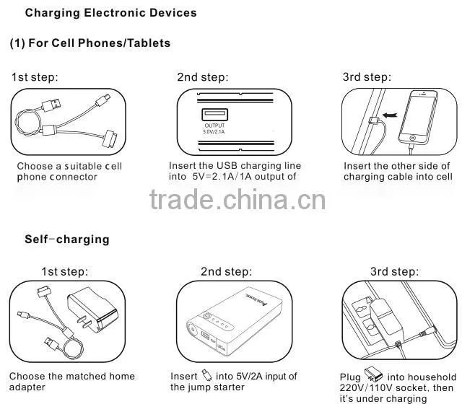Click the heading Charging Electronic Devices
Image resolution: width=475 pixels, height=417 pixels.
pyautogui.click(x=111, y=13)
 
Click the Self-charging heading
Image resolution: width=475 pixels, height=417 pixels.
pyautogui.click(x=67, y=240)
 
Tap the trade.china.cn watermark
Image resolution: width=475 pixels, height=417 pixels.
pyautogui.click(x=237, y=199)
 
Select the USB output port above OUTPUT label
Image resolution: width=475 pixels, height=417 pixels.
pyautogui.click(x=215, y=115)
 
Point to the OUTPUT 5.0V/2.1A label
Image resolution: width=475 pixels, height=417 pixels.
pyautogui.click(x=214, y=128)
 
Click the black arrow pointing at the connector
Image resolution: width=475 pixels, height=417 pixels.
pyautogui.click(x=390, y=115)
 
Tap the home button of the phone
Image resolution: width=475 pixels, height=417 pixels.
pyautogui.click(x=412, y=138)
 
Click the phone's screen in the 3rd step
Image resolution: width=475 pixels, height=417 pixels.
pyautogui.click(x=418, y=114)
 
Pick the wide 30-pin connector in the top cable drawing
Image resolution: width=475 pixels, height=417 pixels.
pyautogui.click(x=110, y=139)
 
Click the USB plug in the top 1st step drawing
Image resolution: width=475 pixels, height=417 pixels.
pyautogui.click(x=51, y=105)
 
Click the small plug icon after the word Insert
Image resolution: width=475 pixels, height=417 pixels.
pyautogui.click(x=206, y=375)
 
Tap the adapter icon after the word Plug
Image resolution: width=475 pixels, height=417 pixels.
pyautogui.click(x=373, y=374)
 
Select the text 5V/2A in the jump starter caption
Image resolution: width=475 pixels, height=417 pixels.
pyautogui.click(x=246, y=377)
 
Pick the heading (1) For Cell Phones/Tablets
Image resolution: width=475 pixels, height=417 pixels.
pyautogui.click(x=90, y=43)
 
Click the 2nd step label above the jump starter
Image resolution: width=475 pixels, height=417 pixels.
pyautogui.click(x=226, y=272)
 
